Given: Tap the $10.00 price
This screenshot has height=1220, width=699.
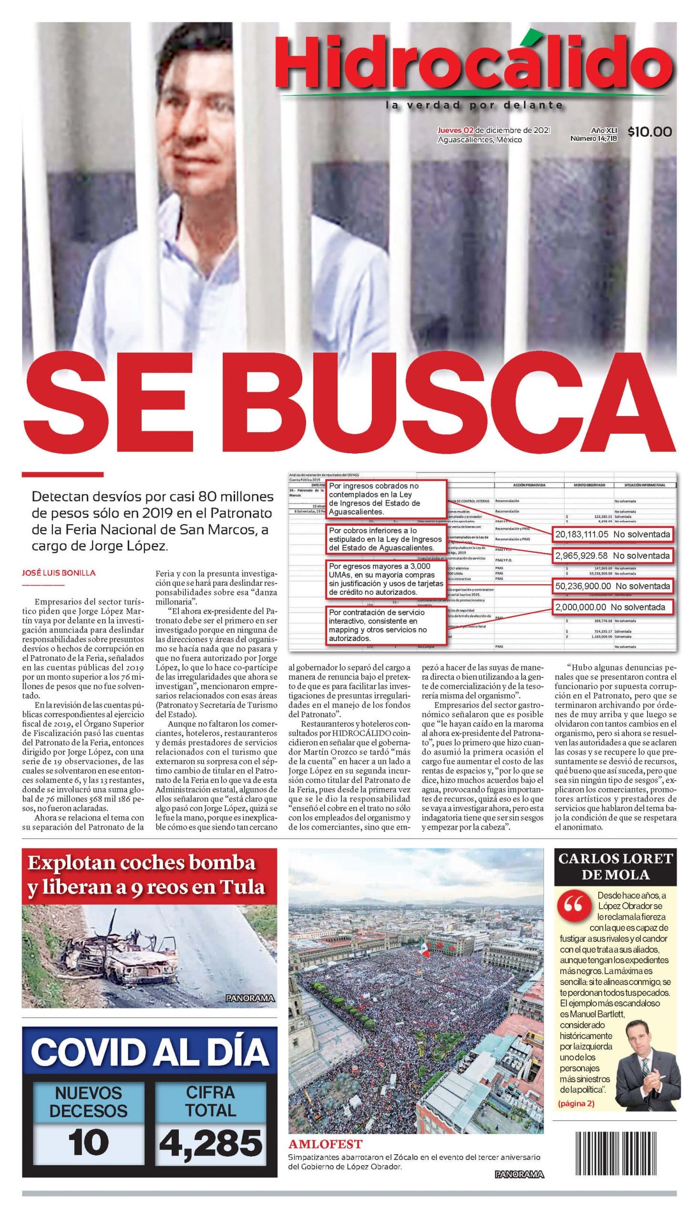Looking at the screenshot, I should point(649,131).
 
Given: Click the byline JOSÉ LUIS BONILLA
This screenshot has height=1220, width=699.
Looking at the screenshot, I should point(59,572).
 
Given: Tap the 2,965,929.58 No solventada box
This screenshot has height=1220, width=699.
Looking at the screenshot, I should point(612,556).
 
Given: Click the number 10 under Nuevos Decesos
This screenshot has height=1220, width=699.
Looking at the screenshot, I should point(88,1141).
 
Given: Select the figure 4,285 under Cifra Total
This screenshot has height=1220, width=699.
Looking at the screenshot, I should point(211,1141).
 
